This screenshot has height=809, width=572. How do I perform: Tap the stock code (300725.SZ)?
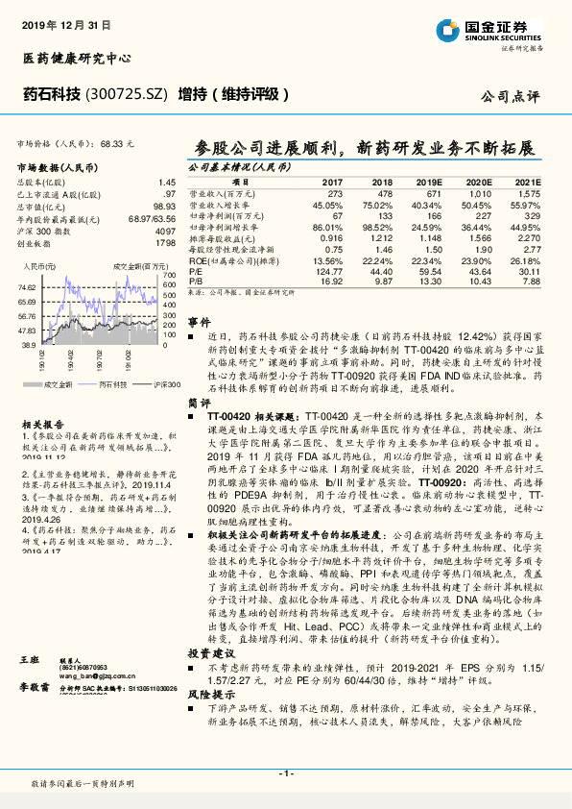129,94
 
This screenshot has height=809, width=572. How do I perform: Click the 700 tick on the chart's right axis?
171,274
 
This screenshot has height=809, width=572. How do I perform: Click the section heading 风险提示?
205,693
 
